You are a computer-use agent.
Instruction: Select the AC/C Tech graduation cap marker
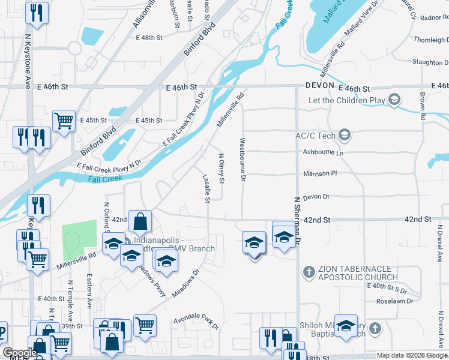[345, 135]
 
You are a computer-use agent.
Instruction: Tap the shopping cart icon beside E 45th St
[64, 121]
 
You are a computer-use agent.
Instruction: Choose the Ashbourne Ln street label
[323, 153]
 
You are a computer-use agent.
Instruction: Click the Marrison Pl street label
[321, 173]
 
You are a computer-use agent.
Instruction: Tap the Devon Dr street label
[317, 197]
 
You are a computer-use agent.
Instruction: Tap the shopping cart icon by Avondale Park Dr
[145, 325]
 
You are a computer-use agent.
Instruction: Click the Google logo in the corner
[19, 353]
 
